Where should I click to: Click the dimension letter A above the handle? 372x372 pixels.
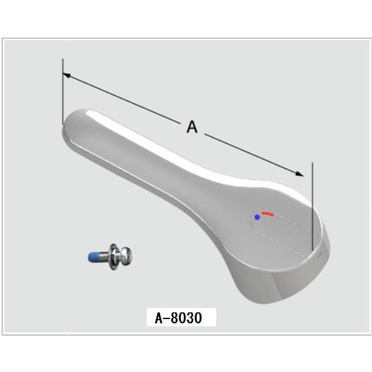[x=192, y=127]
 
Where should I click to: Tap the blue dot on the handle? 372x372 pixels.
[x=257, y=217]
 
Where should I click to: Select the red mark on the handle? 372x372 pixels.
[x=268, y=214]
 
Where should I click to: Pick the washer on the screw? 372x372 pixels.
[x=114, y=256]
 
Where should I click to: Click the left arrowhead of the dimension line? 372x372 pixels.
[x=67, y=76]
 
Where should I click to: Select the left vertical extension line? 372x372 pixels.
[x=62, y=91]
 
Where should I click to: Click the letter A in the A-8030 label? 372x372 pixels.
[x=159, y=317]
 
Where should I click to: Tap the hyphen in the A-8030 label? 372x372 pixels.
[x=169, y=318]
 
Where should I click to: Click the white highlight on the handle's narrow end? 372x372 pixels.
[x=91, y=114]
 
